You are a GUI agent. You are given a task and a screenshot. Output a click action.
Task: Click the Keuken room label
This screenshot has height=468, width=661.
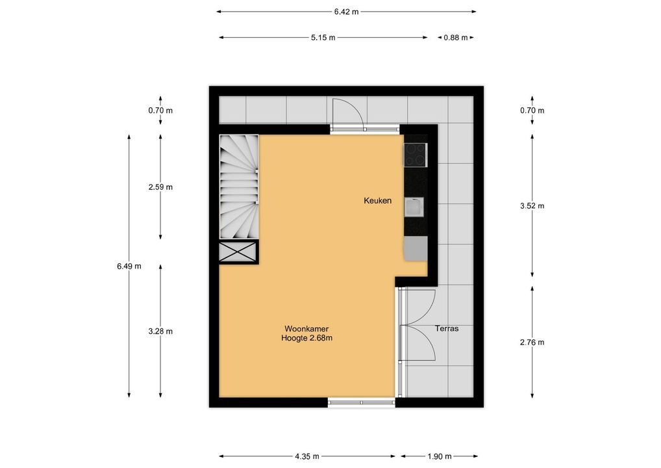pos(377,201)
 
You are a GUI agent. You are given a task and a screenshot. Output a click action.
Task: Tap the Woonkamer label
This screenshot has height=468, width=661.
pos(306,329)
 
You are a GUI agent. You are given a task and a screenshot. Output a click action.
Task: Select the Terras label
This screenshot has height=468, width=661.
pos(447,328)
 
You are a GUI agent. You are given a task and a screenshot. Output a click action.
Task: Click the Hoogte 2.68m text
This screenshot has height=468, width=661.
pos(306,338)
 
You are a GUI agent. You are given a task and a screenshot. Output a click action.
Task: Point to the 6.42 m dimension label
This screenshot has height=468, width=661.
pos(347,12)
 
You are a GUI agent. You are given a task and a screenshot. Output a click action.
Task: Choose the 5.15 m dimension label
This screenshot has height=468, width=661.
pos(323,38)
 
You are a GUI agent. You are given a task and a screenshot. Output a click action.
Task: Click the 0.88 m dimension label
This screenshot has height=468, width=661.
pos(456,38)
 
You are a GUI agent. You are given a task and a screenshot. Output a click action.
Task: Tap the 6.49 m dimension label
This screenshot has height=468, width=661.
pos(129,266)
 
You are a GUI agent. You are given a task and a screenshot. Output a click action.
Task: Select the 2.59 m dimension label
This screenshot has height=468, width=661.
pos(160,187)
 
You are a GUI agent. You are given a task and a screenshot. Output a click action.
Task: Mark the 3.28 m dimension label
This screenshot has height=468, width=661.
pos(160,331)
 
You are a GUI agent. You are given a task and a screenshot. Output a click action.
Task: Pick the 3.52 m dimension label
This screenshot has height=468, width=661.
pos(532,206)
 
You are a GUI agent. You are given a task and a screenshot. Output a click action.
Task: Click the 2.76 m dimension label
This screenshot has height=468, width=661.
pos(532,343)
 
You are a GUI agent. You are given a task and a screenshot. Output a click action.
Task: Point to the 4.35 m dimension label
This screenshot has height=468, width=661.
pos(307,456)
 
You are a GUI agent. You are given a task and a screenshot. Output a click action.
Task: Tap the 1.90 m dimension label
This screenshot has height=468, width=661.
pos(440,456)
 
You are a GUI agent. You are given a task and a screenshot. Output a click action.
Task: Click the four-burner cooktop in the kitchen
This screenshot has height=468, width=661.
pos(416,155)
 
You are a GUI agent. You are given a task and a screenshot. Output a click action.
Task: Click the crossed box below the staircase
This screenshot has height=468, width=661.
pos(238,252)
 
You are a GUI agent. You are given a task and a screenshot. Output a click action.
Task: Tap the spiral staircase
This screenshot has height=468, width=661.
pos(238,187)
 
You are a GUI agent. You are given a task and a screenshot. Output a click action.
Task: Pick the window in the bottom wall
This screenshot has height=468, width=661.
pos(362,402)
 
